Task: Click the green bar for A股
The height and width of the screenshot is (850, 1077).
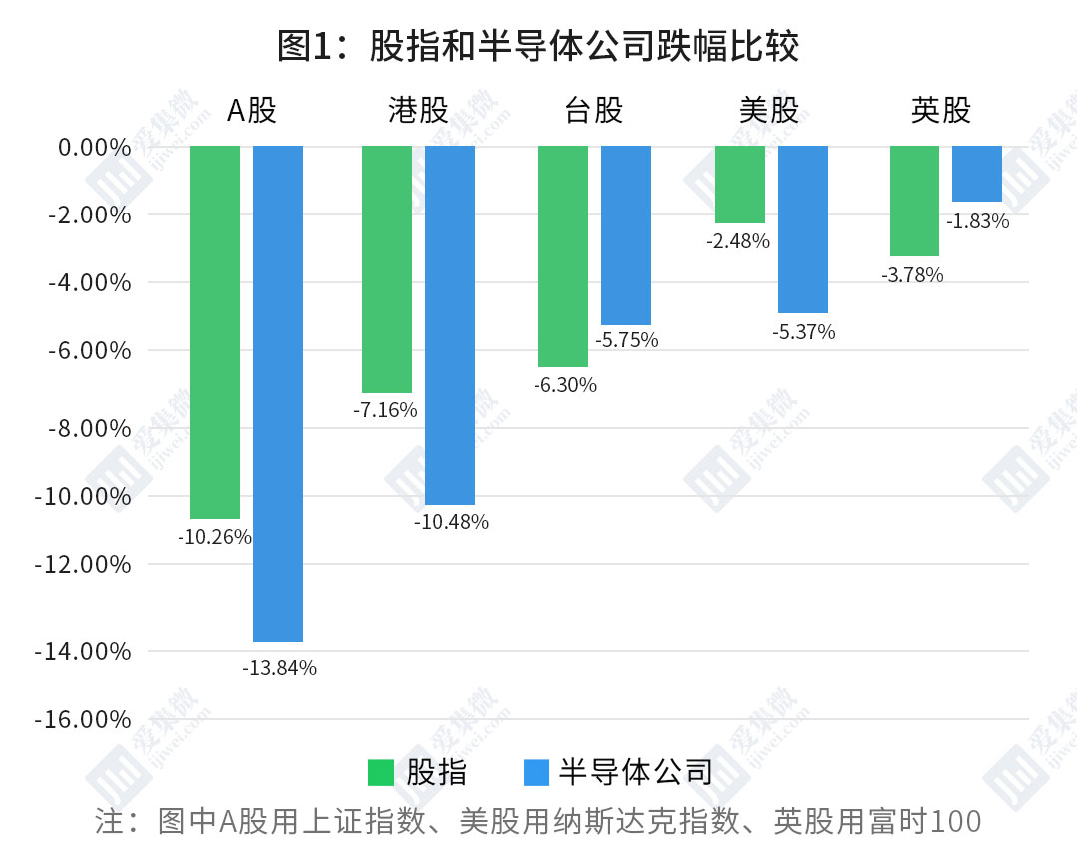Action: tap(215, 331)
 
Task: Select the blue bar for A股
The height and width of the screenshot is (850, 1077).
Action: tap(278, 393)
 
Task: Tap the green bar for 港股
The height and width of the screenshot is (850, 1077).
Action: tap(387, 269)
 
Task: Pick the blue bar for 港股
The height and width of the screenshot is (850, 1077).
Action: tap(450, 325)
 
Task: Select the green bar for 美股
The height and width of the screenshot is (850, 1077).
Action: tap(740, 185)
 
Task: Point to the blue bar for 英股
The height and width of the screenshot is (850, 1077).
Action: tap(977, 174)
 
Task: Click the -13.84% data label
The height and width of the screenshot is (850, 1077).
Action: tap(279, 668)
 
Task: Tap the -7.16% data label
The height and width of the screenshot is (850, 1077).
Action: tap(386, 410)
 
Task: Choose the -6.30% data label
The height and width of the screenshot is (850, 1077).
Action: tap(565, 385)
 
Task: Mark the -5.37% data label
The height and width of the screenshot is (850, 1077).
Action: tap(803, 332)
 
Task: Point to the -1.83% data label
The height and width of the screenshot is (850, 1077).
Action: tap(977, 221)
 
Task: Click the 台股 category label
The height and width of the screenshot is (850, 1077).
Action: tap(594, 110)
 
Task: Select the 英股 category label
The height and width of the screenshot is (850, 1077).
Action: tap(941, 110)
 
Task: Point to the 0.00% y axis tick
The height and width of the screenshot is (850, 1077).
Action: tap(94, 148)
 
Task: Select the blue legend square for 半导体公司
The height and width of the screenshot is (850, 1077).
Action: tap(536, 772)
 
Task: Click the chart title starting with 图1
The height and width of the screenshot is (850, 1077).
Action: tap(538, 46)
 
